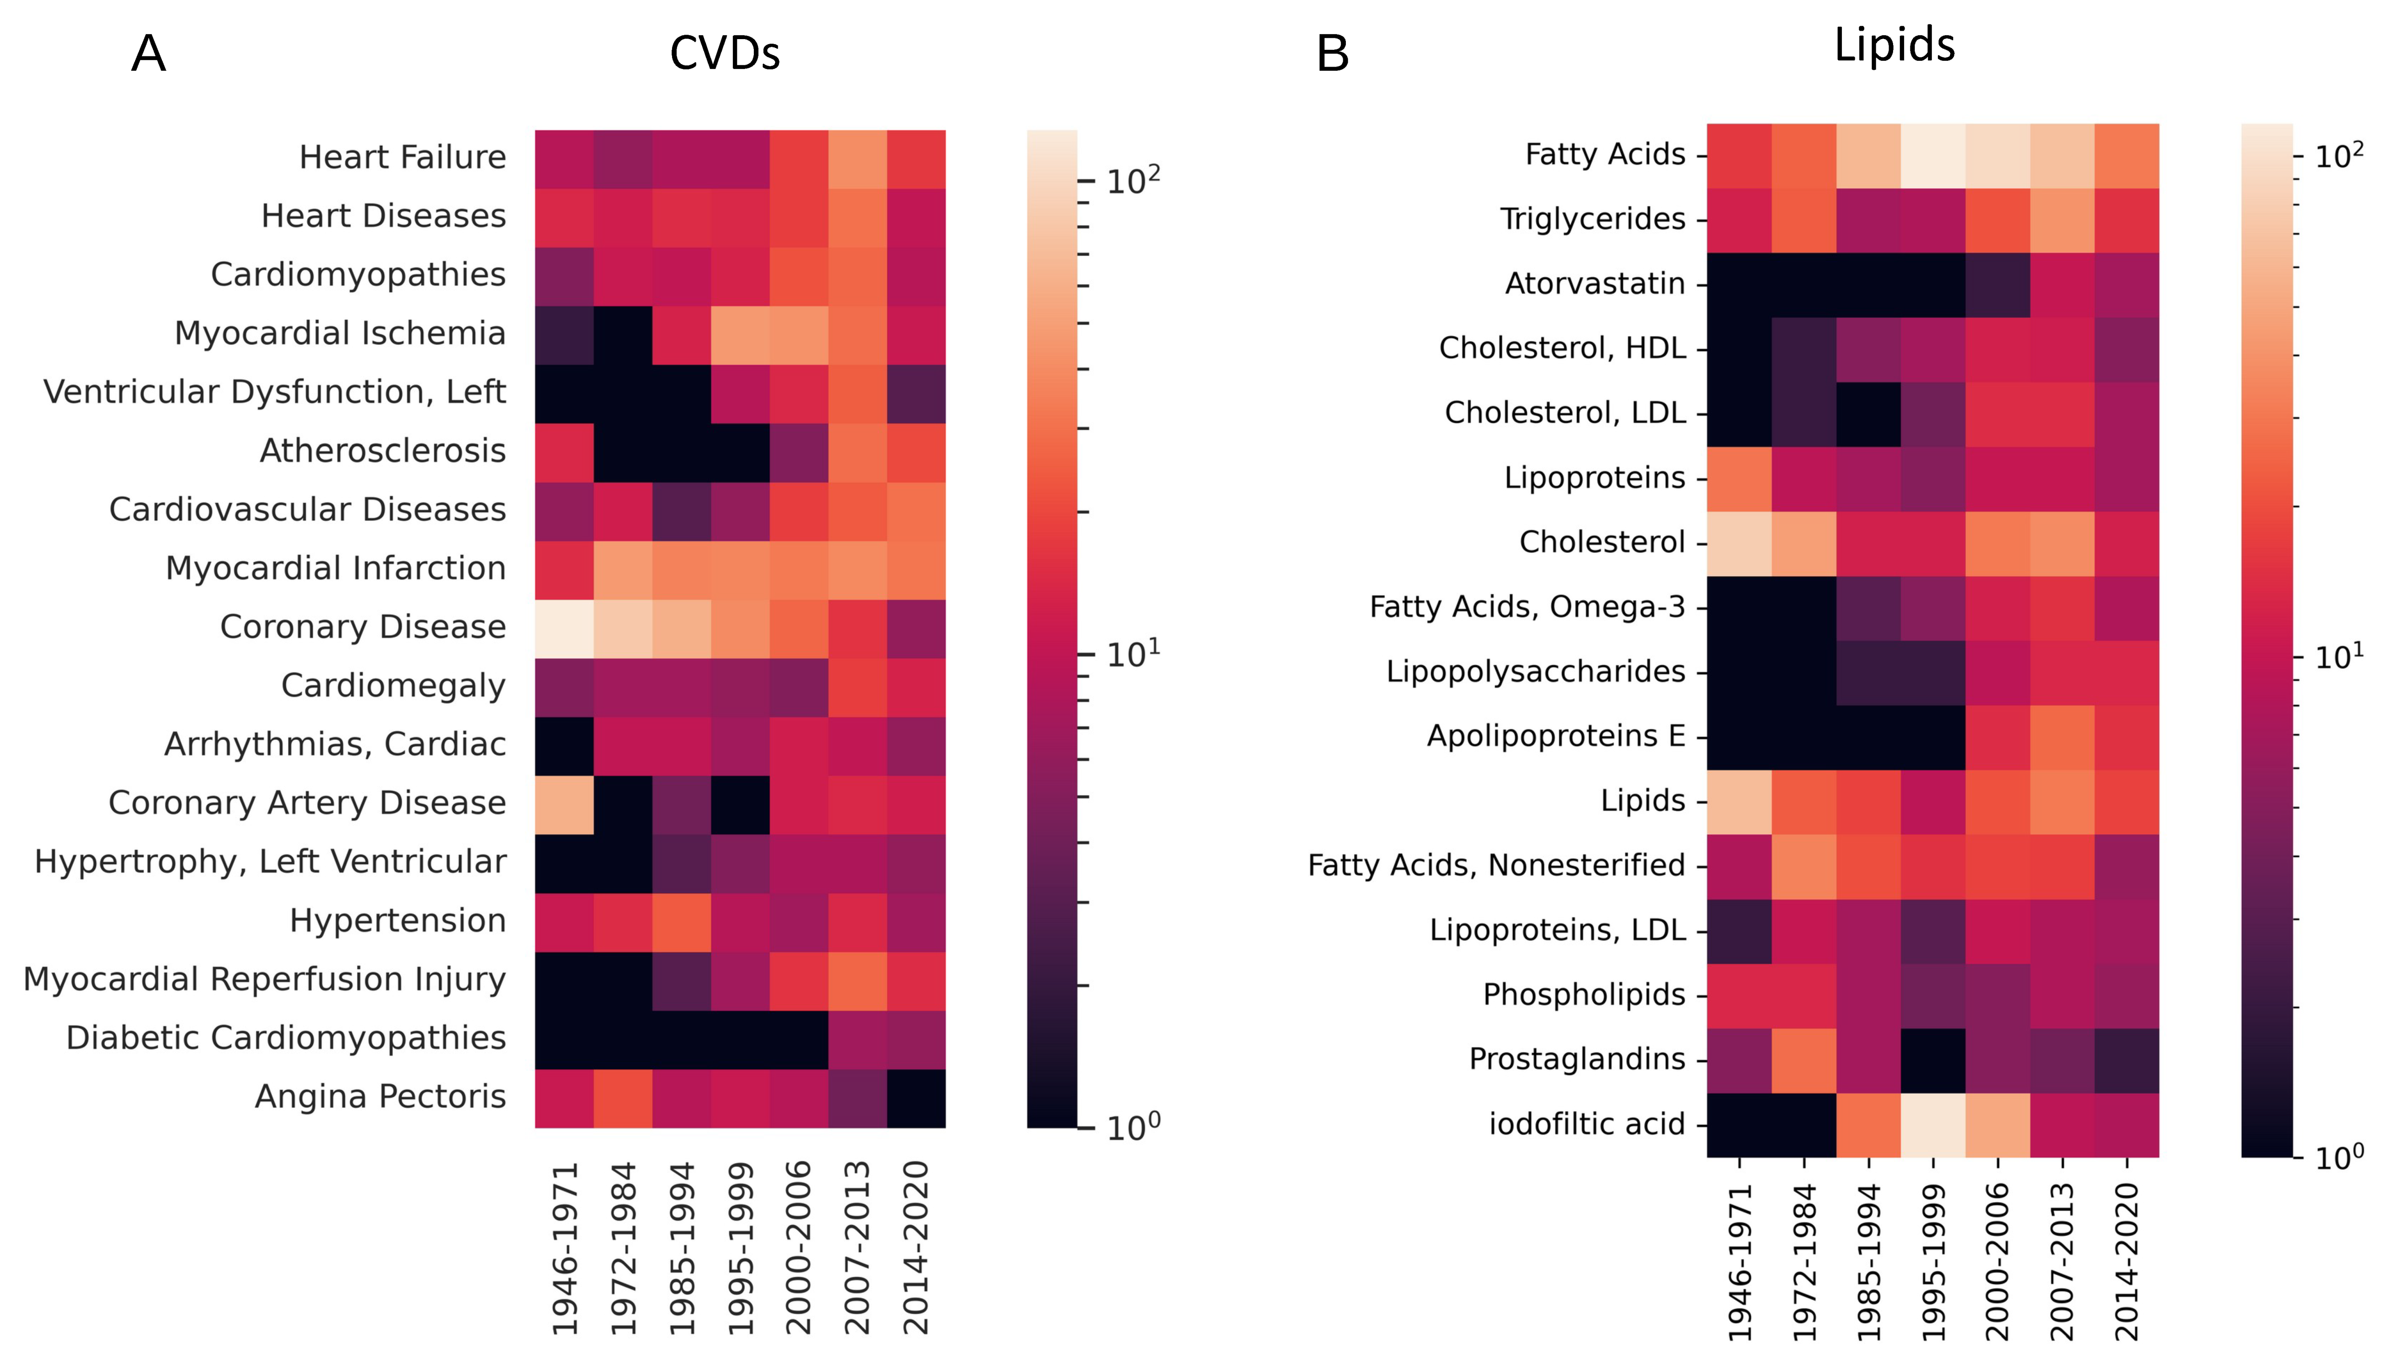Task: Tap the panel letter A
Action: click(x=149, y=54)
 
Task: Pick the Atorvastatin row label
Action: click(x=1594, y=283)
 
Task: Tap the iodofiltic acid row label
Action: click(x=1586, y=1124)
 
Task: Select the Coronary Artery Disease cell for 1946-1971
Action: click(x=564, y=804)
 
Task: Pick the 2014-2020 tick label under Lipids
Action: click(x=2127, y=1261)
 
